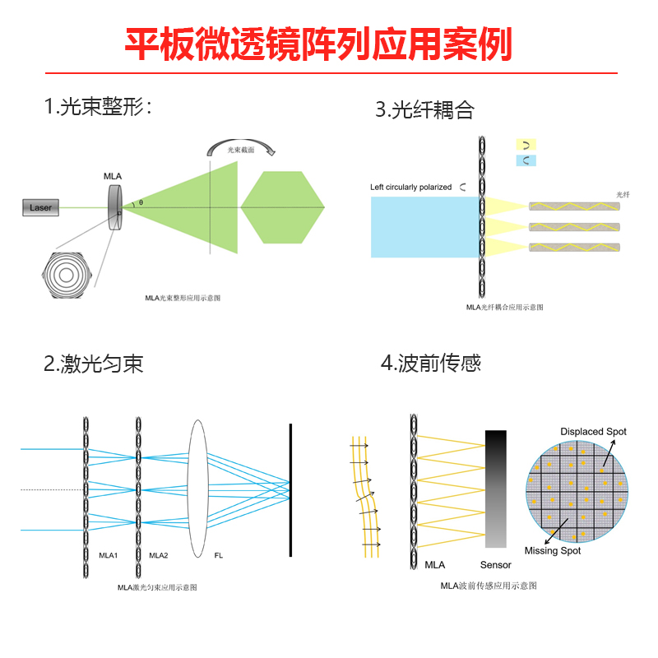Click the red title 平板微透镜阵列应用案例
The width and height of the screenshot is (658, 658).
317,44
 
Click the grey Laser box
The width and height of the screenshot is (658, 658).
41,207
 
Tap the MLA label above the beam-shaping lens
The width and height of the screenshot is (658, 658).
113,177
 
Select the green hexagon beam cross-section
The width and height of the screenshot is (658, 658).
282,207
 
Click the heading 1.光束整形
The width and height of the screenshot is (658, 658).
98,107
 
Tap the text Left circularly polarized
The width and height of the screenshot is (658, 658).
410,188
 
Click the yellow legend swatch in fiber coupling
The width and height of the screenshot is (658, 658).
526,144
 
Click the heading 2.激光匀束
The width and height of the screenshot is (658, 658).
94,364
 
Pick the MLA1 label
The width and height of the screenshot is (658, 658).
108,556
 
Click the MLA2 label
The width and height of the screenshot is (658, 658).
159,556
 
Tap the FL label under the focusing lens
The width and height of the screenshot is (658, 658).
218,556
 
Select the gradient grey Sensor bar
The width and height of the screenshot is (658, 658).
496,489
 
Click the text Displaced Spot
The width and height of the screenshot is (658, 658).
593,432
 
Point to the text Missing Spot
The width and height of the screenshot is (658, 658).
553,550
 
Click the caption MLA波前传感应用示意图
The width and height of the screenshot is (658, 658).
489,586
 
